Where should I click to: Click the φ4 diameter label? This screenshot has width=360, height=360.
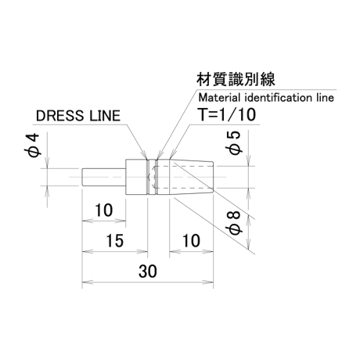click(32, 146)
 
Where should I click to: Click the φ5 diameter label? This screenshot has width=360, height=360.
click(234, 142)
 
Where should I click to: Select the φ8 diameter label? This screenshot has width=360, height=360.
click(233, 223)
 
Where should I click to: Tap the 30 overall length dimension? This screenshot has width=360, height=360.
click(148, 271)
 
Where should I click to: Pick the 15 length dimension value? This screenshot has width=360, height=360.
click(114, 240)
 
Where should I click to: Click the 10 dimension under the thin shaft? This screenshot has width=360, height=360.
click(104, 211)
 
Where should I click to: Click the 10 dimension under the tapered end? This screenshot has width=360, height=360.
click(191, 240)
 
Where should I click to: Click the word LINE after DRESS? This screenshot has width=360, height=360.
click(105, 116)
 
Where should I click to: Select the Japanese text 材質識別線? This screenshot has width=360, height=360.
click(236, 79)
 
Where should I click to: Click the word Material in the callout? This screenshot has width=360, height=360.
click(219, 98)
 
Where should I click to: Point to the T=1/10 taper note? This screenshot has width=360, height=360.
click(227, 114)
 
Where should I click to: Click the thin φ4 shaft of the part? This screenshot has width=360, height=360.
click(103, 177)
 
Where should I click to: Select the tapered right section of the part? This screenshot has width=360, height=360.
click(192, 177)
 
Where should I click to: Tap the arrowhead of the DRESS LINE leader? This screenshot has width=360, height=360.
click(144, 156)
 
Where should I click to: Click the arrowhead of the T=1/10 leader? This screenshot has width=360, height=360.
click(172, 155)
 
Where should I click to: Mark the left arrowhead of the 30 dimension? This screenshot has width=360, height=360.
click(87, 282)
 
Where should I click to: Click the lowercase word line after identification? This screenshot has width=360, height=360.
click(325, 98)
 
